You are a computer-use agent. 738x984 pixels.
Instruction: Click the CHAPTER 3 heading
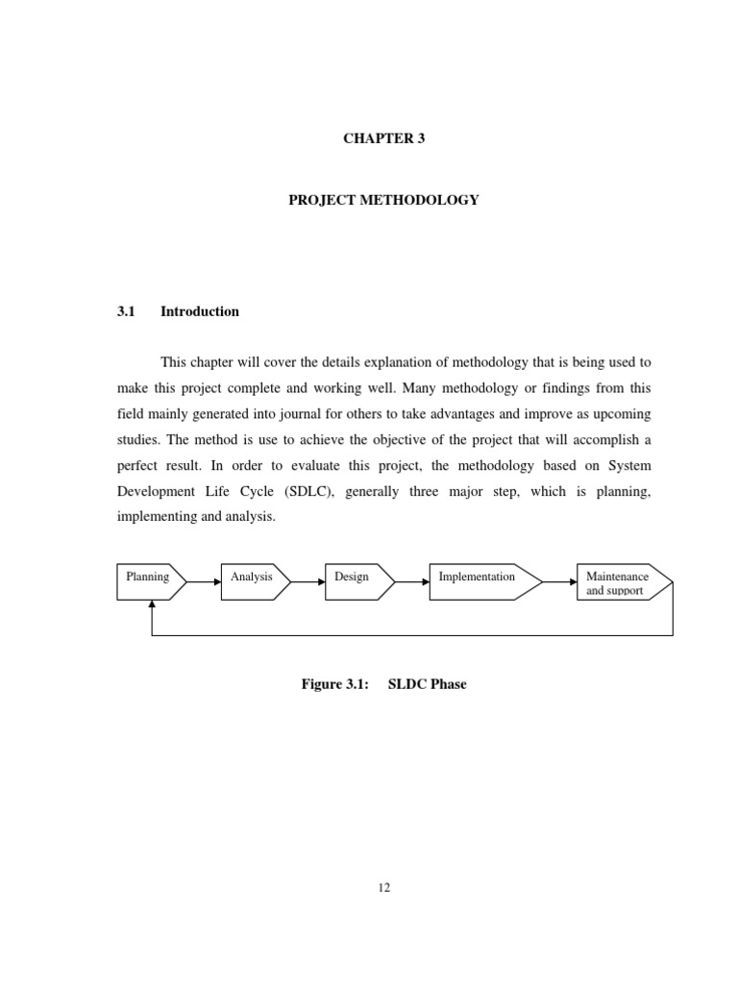click(x=383, y=138)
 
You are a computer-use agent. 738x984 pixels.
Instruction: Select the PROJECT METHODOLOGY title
click(x=383, y=200)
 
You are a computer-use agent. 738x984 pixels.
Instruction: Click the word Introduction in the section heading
click(x=200, y=311)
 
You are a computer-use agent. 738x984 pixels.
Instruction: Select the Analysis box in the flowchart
click(x=254, y=581)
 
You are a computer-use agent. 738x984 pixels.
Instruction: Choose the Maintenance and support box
click(x=621, y=582)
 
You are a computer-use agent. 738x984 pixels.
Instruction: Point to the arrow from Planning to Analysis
click(x=203, y=581)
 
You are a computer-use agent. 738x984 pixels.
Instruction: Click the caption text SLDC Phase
click(x=427, y=684)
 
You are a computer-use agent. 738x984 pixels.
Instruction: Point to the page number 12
click(x=383, y=888)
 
